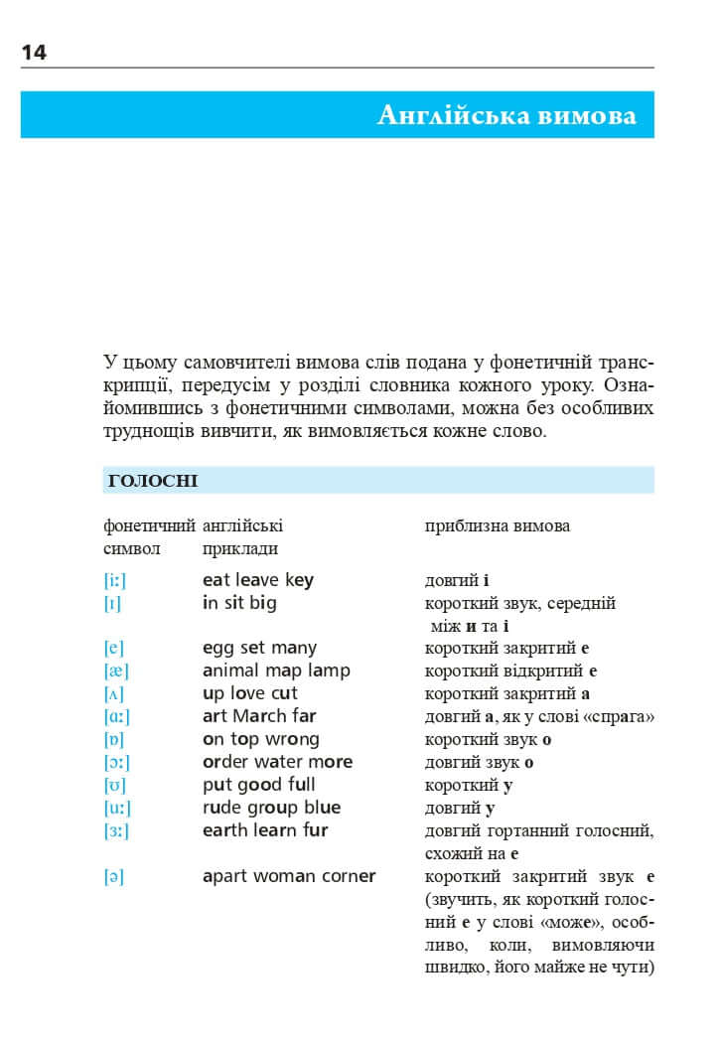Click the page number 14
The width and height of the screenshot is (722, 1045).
[34, 53]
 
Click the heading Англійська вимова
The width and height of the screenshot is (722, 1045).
[506, 116]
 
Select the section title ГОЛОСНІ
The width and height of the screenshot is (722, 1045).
[152, 482]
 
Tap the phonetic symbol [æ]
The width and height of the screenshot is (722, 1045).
[115, 672]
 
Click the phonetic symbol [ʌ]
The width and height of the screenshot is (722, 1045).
[114, 694]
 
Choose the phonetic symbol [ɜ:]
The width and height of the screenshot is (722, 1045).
[116, 831]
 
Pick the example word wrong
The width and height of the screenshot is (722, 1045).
[292, 740]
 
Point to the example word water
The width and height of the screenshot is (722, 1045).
[282, 762]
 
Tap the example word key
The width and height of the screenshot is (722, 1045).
[299, 580]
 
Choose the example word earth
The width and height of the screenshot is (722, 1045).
[224, 830]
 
